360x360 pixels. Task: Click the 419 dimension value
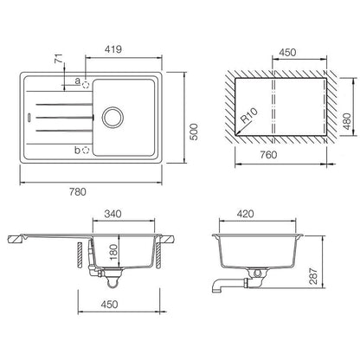click(113, 49)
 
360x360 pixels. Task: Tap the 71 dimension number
click(59, 59)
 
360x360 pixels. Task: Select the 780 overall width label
click(78, 192)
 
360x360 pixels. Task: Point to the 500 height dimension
click(194, 132)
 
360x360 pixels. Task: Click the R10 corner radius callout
click(248, 115)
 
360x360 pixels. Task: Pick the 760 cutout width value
click(268, 155)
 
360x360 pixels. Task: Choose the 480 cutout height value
click(347, 121)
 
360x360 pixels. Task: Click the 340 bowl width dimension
click(112, 214)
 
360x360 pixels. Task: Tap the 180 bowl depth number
click(114, 252)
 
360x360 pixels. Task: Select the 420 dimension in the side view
click(245, 214)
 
